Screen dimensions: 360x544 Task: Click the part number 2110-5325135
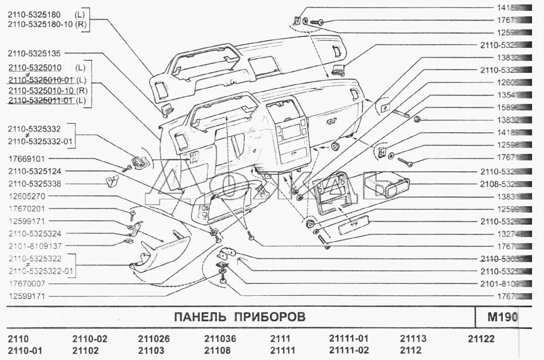point(34,53)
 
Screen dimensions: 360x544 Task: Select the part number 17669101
point(26,159)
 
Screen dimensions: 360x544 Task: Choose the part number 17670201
point(26,208)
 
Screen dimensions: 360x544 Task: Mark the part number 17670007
point(26,283)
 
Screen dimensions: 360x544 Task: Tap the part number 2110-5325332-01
point(41,142)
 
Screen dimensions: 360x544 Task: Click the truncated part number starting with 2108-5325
point(497,184)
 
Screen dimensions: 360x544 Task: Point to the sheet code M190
point(504,316)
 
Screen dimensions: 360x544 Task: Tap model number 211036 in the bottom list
point(220,339)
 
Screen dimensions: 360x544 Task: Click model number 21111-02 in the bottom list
point(349,350)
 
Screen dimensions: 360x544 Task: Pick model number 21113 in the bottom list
point(413,339)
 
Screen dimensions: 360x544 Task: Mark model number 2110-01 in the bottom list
point(24,350)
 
